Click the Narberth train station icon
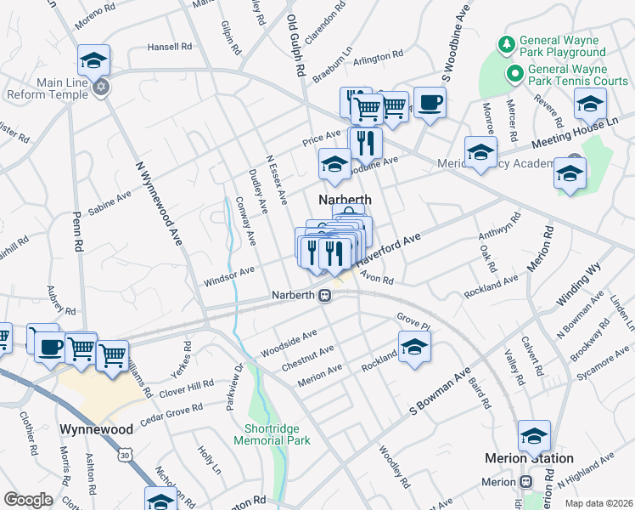pos(324,296)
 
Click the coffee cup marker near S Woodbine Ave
pos(430,103)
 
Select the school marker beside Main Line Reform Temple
pos(93,60)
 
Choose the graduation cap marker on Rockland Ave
pos(413,347)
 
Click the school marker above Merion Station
pos(534,436)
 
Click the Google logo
pos(28,500)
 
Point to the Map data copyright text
pos(598,503)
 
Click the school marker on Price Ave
pos(334,164)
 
